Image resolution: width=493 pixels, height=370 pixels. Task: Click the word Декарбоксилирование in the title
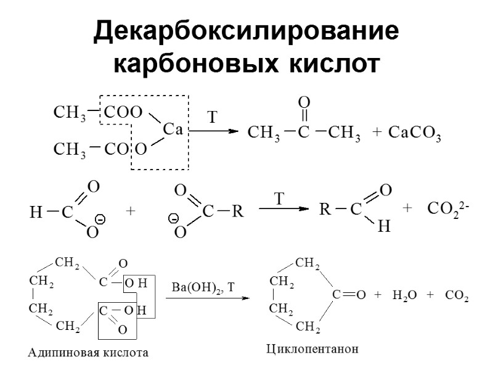[246, 32]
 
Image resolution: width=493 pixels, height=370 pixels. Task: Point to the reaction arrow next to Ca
[213, 131]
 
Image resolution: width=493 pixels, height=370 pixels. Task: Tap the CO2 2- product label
[448, 210]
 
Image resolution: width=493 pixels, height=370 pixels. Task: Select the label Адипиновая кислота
[89, 353]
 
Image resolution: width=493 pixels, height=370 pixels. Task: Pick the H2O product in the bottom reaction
[404, 297]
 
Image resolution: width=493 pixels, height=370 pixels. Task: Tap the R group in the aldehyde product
[324, 210]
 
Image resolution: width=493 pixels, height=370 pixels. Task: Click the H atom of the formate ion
[35, 213]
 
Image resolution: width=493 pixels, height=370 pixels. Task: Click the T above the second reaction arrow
[280, 199]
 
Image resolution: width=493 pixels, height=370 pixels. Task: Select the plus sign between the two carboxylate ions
[130, 211]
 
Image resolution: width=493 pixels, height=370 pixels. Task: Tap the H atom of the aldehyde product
[383, 227]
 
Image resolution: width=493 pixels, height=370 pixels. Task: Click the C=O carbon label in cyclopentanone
[336, 297]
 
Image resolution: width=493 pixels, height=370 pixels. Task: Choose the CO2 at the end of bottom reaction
[457, 297]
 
